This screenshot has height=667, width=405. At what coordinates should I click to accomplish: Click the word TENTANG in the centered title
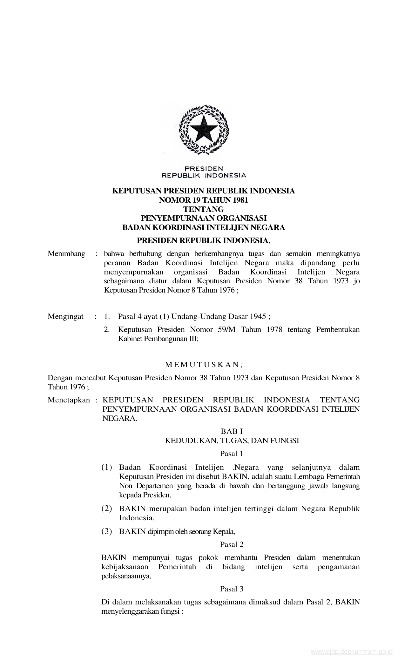(x=204, y=209)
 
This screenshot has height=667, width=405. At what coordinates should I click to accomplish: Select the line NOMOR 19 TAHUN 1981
(x=204, y=200)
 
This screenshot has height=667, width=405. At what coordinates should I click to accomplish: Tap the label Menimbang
(x=66, y=254)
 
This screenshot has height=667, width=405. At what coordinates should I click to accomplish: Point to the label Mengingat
(x=65, y=317)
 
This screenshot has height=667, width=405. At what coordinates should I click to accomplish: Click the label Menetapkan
(x=69, y=400)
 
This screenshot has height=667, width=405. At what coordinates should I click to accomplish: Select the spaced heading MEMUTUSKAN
(x=204, y=365)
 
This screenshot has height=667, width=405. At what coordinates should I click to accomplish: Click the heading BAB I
(x=232, y=431)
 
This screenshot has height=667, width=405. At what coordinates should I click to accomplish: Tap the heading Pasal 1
(x=232, y=454)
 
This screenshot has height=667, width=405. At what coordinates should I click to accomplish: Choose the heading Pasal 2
(x=232, y=544)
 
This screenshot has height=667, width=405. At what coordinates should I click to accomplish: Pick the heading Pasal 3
(x=232, y=589)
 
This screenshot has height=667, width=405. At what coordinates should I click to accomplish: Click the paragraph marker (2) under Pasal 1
(x=107, y=509)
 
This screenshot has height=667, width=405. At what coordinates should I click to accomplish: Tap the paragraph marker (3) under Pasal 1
(x=107, y=531)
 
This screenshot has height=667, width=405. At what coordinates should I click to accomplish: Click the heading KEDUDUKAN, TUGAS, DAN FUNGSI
(x=232, y=441)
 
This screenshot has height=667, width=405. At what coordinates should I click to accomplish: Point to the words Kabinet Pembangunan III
(x=158, y=339)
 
